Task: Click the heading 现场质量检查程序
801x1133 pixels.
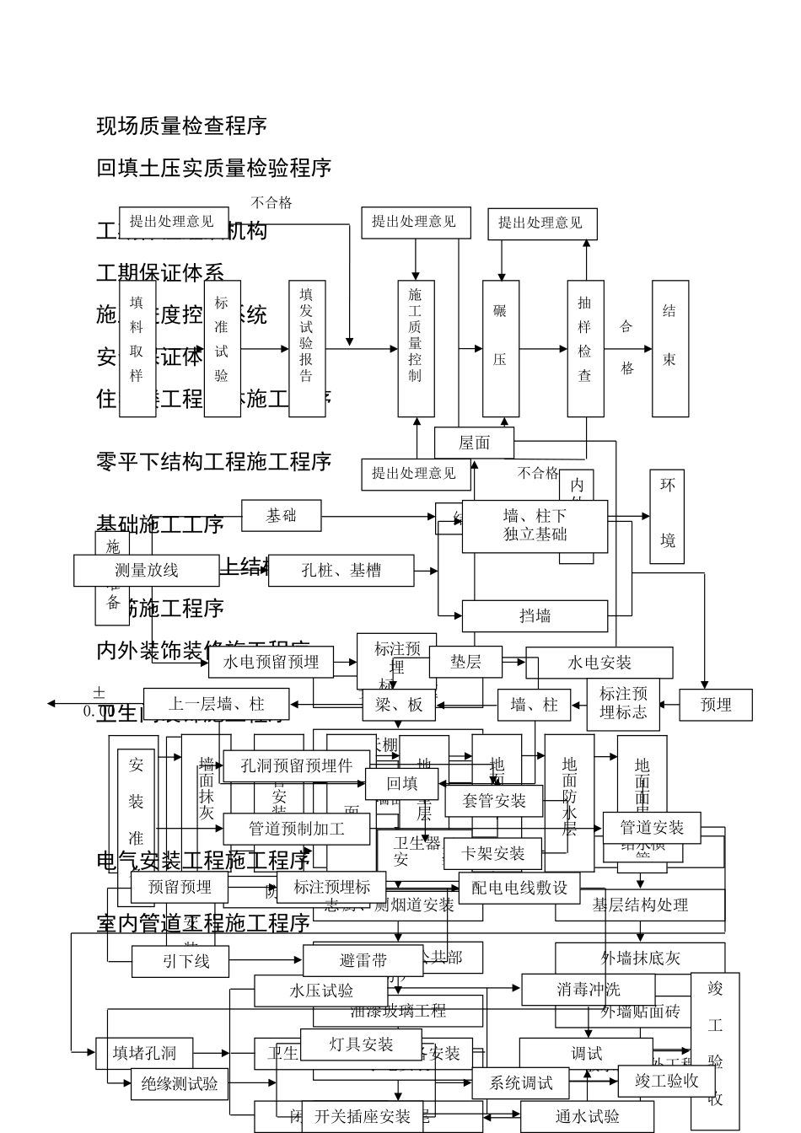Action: (x=182, y=126)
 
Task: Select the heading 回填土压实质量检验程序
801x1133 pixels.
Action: (x=214, y=168)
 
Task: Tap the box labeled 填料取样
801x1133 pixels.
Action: (x=137, y=348)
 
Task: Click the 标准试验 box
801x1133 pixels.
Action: (x=223, y=348)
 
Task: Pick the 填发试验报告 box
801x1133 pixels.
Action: (x=307, y=348)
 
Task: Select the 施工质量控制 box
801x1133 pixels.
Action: (x=416, y=348)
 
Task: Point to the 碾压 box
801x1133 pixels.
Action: (x=500, y=348)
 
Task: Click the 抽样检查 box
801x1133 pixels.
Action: (x=585, y=348)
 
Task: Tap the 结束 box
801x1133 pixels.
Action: (x=669, y=348)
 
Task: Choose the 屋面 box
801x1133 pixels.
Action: (x=474, y=443)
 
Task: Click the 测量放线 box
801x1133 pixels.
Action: (x=147, y=571)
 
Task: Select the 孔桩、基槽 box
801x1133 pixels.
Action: (x=341, y=571)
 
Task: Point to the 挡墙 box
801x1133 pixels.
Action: (x=535, y=616)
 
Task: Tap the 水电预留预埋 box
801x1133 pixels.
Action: (x=271, y=663)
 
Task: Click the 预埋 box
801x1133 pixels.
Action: (x=716, y=705)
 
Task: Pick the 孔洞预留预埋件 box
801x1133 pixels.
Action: (x=296, y=766)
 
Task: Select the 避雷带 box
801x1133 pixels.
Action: (x=363, y=960)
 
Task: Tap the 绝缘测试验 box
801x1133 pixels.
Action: (x=179, y=1083)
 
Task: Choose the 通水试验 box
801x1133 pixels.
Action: (x=587, y=1117)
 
